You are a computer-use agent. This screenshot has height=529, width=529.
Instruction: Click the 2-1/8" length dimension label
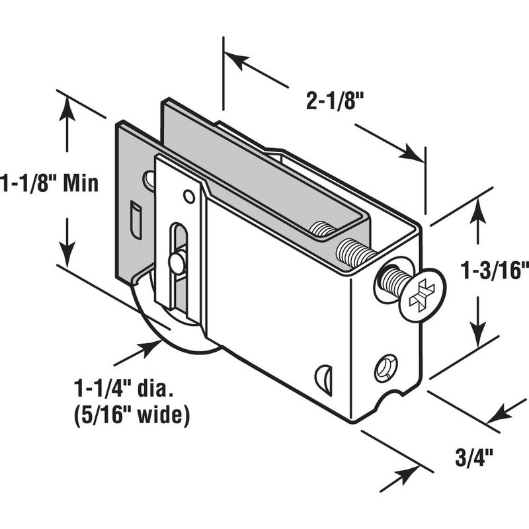[335, 101]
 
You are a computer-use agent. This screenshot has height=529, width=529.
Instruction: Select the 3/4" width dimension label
[474, 458]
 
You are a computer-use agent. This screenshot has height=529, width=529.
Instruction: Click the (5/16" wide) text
[132, 415]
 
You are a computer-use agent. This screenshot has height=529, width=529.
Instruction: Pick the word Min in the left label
[81, 183]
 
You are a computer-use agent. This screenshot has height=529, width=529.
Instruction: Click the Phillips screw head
[423, 294]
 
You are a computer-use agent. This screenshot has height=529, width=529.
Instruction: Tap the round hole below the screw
[386, 368]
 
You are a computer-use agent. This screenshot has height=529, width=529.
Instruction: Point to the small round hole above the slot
[189, 196]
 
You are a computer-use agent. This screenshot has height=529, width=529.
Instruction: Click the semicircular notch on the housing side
[323, 380]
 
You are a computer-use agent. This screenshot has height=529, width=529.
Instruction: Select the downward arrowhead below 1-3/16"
[477, 335]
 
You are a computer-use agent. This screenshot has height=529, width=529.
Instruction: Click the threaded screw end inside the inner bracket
[321, 229]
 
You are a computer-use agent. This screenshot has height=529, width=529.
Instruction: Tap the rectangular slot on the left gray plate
[136, 220]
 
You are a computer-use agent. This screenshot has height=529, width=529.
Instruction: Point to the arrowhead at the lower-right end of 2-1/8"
[412, 153]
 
